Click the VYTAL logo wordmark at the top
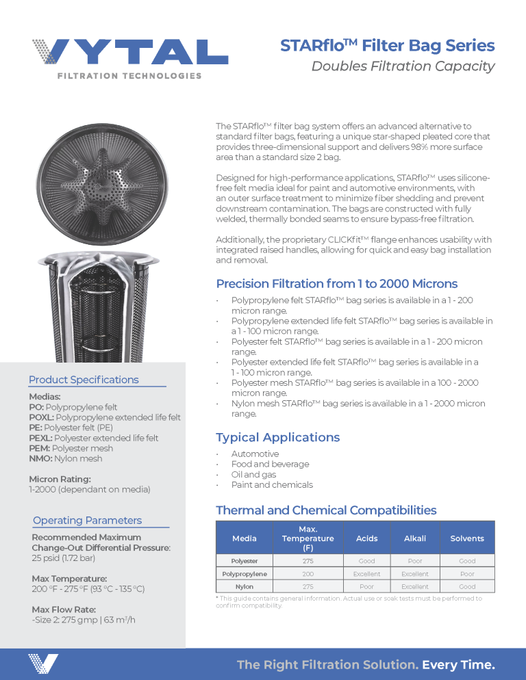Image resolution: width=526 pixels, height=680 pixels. [x=130, y=52]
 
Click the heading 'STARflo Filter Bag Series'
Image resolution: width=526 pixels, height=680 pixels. [x=387, y=46]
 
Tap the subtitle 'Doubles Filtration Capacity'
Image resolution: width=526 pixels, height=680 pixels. [x=403, y=66]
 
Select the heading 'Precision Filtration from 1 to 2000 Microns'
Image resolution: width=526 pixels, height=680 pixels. [x=337, y=284]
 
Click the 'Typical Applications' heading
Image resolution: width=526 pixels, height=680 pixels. [x=277, y=437]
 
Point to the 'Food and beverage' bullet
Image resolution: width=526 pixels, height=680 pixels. [x=270, y=464]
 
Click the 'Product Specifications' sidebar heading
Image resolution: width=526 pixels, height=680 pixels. [x=84, y=380]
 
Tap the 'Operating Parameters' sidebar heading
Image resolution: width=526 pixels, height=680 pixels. [x=87, y=520]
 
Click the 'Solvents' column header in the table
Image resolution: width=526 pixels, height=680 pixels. [x=466, y=538]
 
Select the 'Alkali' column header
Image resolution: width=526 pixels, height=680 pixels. [x=414, y=538]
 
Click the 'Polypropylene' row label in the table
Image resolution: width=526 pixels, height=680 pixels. [x=245, y=574]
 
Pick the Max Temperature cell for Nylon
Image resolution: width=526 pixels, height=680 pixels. [x=308, y=586]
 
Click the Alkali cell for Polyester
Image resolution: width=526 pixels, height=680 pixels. [x=414, y=561]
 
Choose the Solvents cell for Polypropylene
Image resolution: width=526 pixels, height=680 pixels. [x=466, y=574]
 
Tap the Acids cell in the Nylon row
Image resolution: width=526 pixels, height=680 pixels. [x=366, y=586]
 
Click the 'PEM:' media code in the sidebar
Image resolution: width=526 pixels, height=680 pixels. [x=40, y=448]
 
